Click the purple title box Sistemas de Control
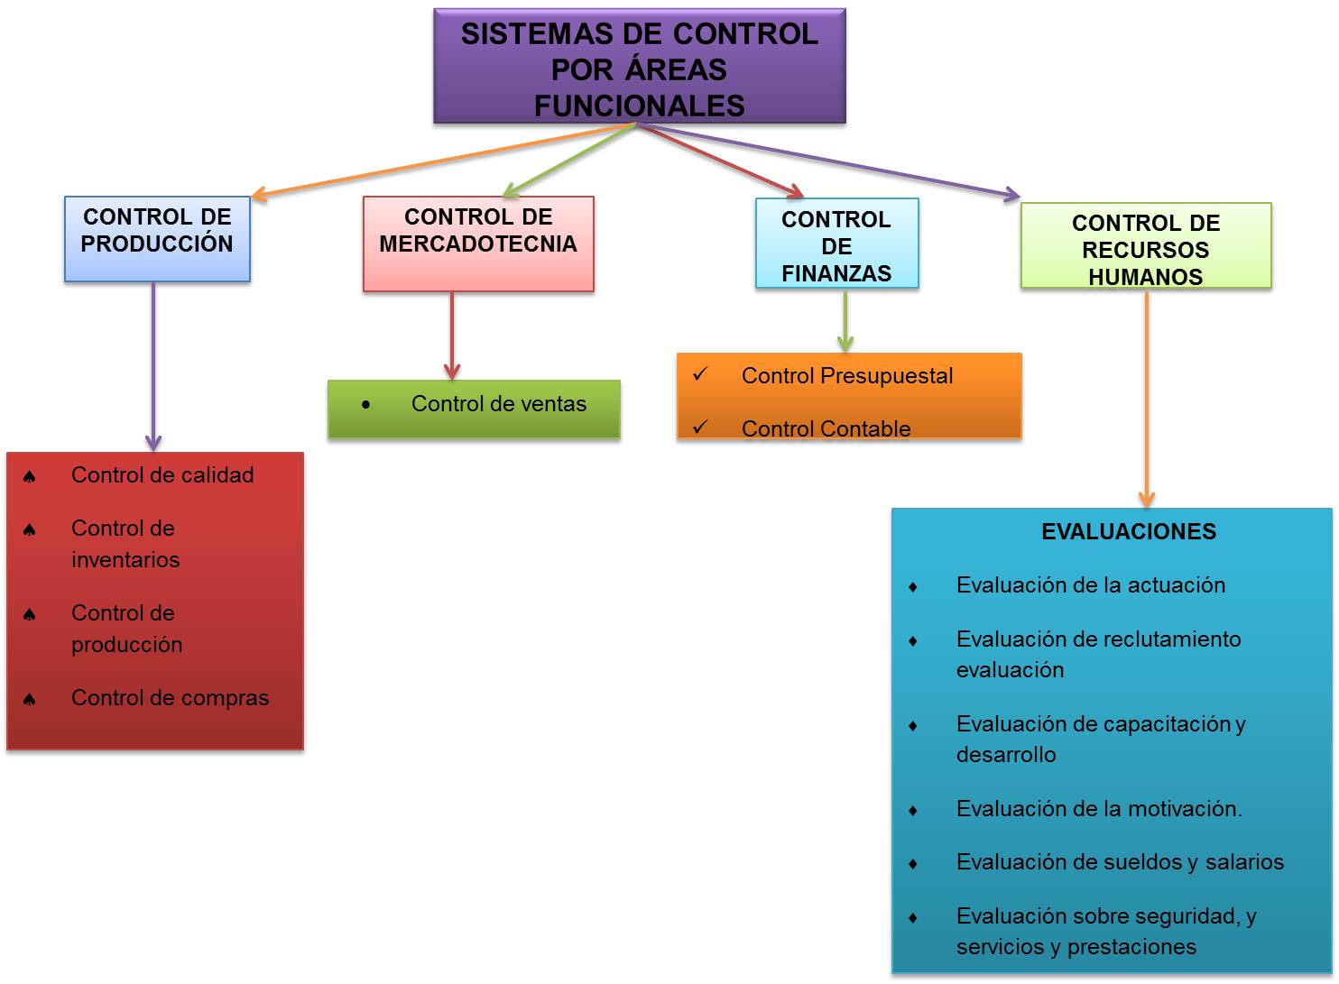tap(639, 68)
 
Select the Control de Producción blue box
tap(157, 239)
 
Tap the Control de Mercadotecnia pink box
tap(478, 244)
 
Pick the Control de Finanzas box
tap(836, 244)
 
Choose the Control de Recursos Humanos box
tap(1145, 246)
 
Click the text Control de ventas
tap(498, 404)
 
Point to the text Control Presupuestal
tap(846, 376)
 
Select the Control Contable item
tap(826, 429)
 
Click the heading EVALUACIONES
tap(1128, 532)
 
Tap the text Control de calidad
tap(162, 475)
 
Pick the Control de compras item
tap(170, 698)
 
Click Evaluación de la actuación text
tap(1090, 585)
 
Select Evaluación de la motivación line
tap(1098, 809)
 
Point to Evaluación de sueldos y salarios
tap(1119, 862)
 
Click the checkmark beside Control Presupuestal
tap(700, 374)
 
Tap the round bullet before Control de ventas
tap(365, 405)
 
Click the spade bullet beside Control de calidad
tap(30, 477)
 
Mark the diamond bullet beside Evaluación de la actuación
tap(913, 587)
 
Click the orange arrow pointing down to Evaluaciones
tap(1147, 397)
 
